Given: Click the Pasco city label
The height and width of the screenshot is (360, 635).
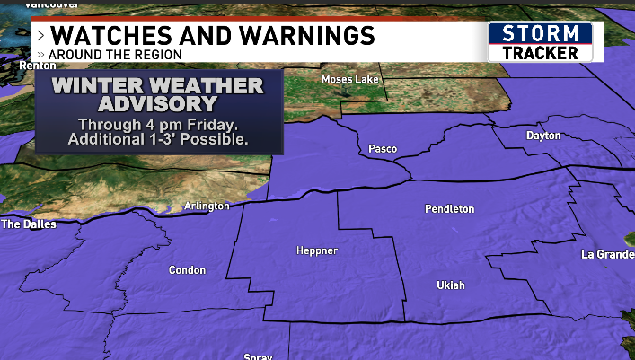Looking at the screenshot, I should tap(384, 148).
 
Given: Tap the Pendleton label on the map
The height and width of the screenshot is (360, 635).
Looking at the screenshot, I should tap(449, 209).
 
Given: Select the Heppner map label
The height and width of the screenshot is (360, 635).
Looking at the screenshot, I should tap(317, 251).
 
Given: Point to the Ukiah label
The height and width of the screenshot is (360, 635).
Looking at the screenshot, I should tap(451, 285).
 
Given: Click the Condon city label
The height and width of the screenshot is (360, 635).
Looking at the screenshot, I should tap(187, 270).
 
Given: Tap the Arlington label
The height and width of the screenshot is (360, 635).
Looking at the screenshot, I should tap(207, 206).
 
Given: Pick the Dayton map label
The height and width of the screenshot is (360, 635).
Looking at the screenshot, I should tap(543, 136).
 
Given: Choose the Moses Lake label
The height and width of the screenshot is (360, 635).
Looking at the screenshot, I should tap(351, 79).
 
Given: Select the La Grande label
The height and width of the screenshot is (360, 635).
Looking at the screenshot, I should tap(607, 254).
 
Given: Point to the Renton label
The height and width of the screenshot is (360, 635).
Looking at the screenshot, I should tap(15, 66).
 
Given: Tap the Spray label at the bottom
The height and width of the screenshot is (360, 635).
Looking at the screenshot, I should tap(258, 356).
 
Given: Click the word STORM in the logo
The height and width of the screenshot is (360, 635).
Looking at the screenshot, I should tap(540, 33).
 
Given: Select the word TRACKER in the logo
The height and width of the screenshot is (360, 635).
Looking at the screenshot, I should tap(540, 53).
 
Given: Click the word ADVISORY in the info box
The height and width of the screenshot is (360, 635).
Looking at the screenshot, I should tap(157, 104).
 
